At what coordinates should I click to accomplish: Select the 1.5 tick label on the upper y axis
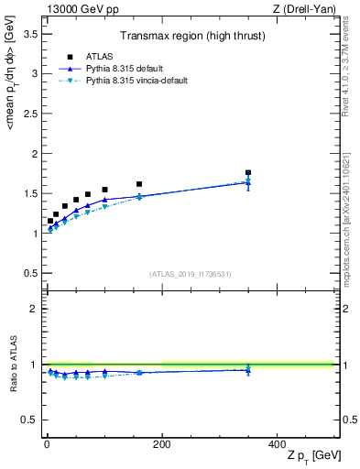[29, 193]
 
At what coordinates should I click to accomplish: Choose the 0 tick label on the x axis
[47, 443]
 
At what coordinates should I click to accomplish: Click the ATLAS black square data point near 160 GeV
[139, 184]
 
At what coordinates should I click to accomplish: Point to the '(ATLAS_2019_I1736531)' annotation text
[191, 274]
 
